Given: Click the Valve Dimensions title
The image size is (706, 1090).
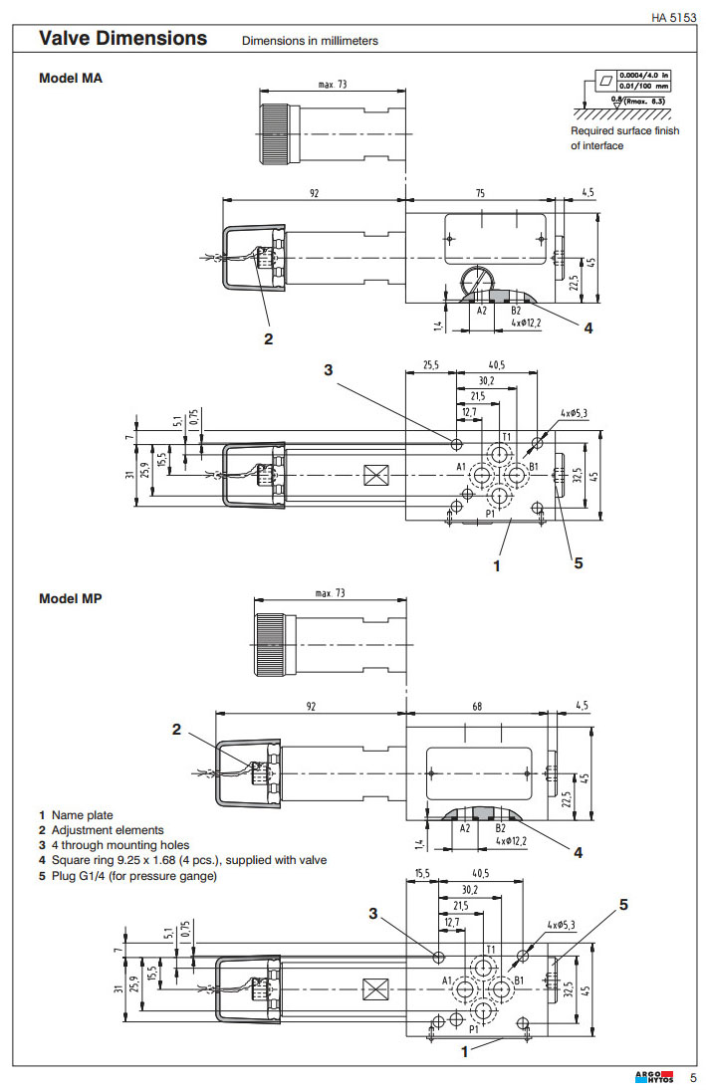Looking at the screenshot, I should point(122,38).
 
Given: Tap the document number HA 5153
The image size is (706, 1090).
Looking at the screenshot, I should point(674,16).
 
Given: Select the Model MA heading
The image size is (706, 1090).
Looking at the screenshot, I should point(70,78).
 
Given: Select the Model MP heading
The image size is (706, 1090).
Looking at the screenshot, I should point(70,598).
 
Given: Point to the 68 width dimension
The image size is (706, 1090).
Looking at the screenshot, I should point(477,707).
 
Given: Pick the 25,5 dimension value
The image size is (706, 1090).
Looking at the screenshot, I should point(430,365).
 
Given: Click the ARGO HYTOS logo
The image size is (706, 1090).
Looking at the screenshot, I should point(654,1076).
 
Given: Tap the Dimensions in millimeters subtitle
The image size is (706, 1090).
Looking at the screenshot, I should point(310,41).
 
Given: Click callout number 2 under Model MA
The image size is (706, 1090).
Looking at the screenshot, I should point(268,338).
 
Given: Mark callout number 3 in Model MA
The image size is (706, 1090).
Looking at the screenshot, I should point(329,370).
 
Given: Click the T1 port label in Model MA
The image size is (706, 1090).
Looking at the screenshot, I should point(506,436).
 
